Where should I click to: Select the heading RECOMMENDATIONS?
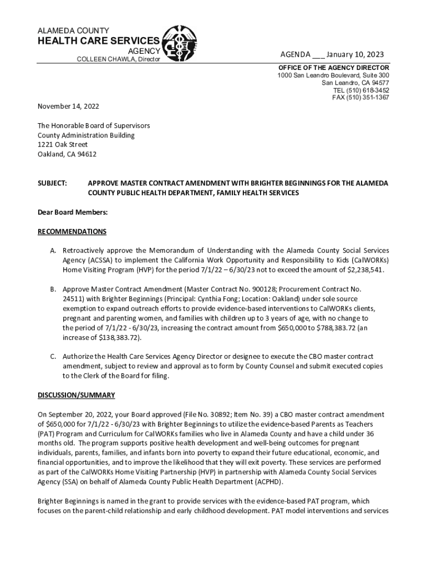(x=72, y=231)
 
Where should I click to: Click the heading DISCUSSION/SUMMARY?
(x=76, y=395)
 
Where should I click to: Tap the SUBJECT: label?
(x=52, y=183)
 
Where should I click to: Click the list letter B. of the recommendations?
(x=53, y=289)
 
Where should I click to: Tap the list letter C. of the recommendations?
(x=53, y=356)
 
